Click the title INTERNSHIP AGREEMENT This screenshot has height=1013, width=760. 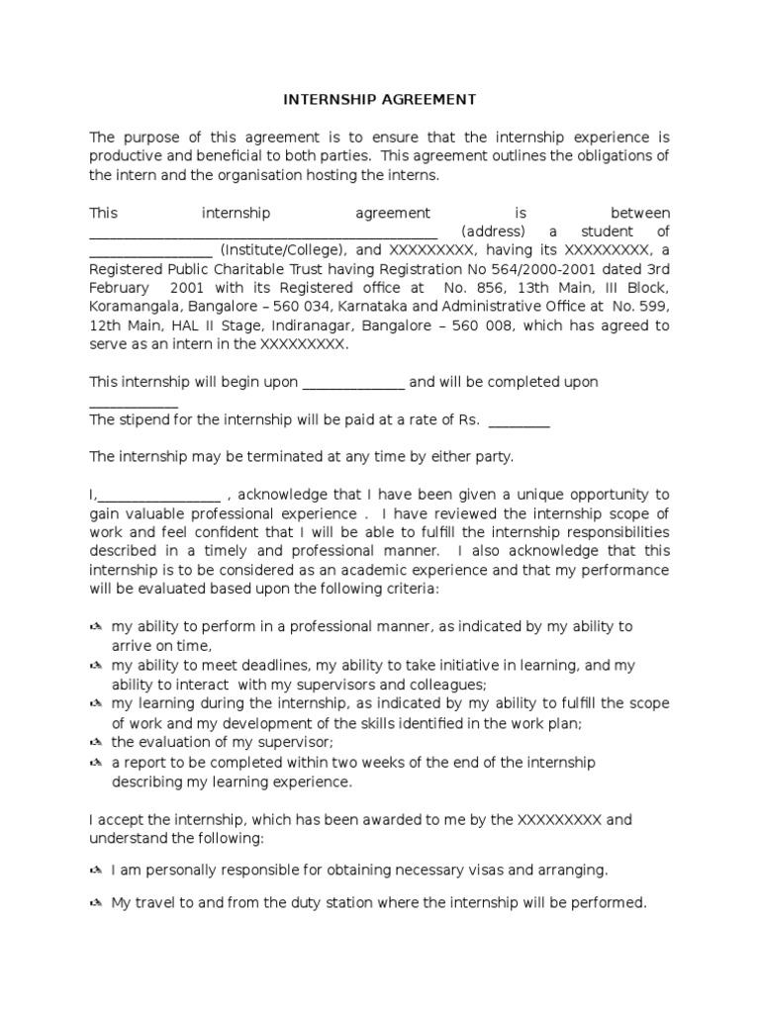380,100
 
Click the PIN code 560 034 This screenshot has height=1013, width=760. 307,307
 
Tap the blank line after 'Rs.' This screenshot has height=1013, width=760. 520,420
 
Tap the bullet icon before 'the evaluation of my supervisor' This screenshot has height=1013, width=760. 96,742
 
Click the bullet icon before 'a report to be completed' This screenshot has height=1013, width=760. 96,764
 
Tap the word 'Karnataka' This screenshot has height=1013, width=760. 382,307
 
